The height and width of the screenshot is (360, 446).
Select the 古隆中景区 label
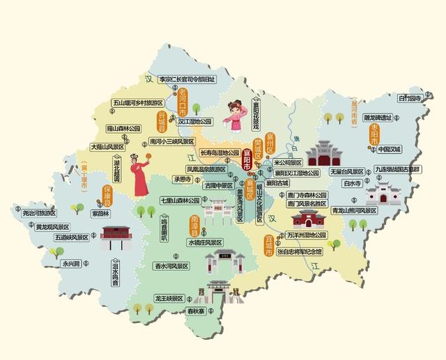[218, 186]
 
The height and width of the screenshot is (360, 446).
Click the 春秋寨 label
[198, 311]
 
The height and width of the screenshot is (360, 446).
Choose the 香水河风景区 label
[172, 266]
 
